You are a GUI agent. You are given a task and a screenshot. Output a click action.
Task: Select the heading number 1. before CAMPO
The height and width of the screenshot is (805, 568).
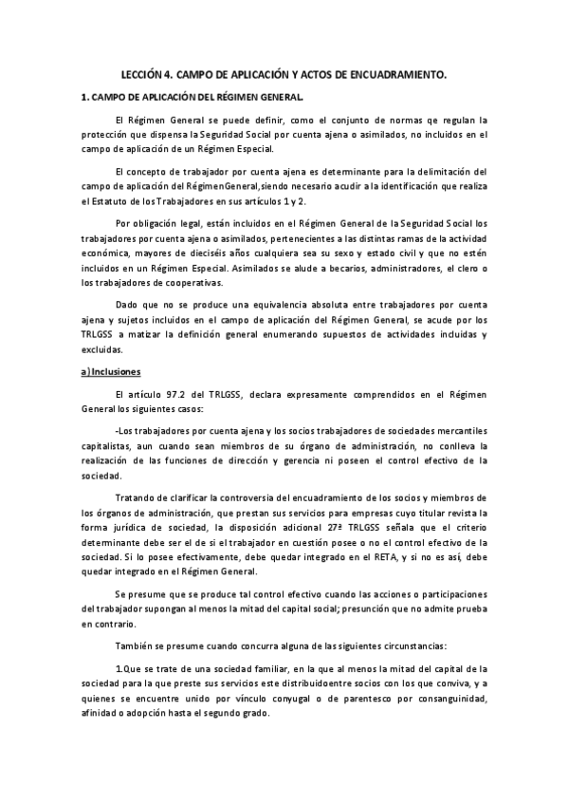[84, 96]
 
